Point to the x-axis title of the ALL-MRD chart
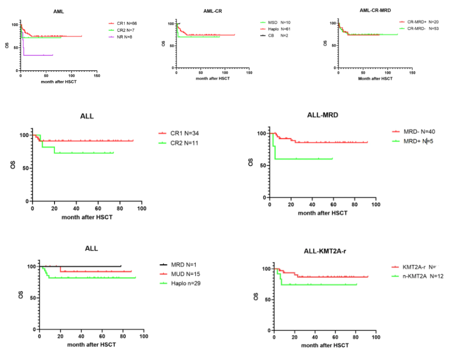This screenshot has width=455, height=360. click(x=322, y=213)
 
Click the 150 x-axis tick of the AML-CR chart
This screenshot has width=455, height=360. click(x=249, y=73)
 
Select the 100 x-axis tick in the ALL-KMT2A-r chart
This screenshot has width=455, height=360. click(x=376, y=337)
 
